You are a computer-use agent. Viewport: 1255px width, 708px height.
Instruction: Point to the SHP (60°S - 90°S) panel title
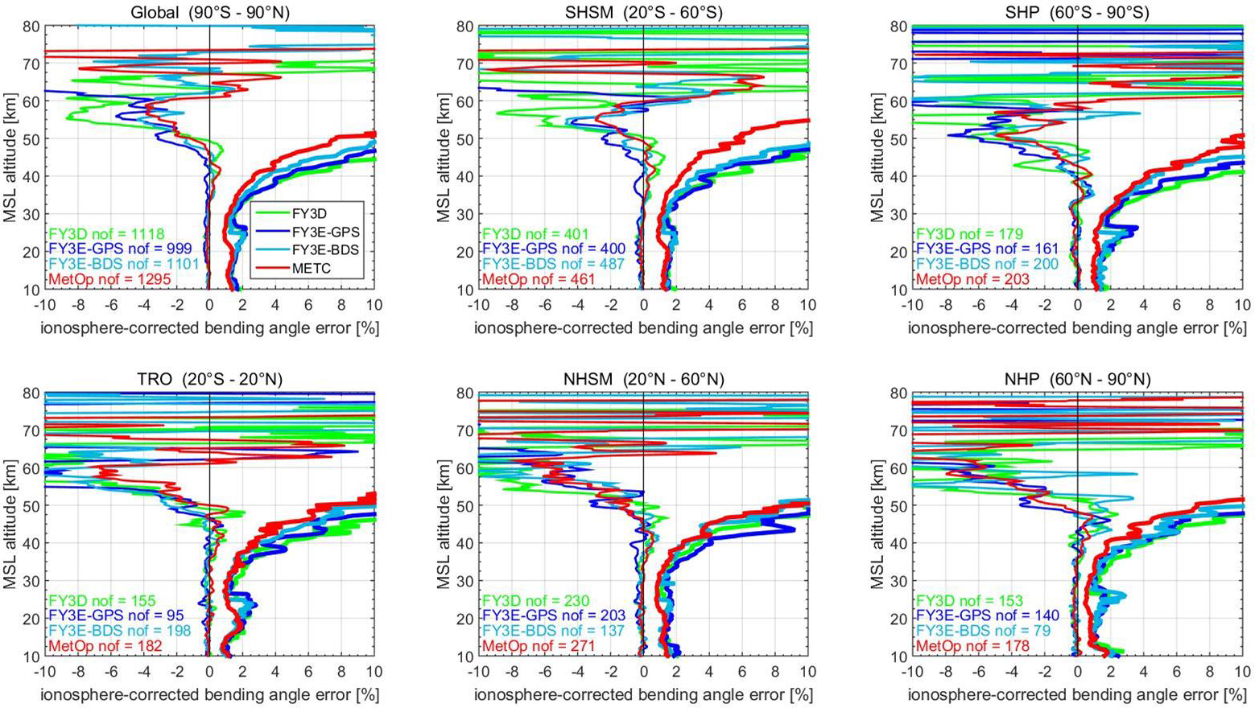(1076, 13)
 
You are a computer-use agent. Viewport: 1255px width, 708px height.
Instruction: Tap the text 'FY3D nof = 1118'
(101, 234)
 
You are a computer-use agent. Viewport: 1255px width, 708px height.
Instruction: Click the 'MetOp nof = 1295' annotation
(109, 279)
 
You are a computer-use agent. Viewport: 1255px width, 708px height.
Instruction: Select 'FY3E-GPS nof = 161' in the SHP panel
(987, 249)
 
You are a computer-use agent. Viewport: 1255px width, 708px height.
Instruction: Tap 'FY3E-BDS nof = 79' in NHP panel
(983, 632)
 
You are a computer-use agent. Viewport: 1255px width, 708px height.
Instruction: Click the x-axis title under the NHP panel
(1076, 694)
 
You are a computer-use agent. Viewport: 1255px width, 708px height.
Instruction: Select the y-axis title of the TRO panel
(10, 525)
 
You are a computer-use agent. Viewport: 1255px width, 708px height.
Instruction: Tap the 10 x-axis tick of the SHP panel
(1242, 306)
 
